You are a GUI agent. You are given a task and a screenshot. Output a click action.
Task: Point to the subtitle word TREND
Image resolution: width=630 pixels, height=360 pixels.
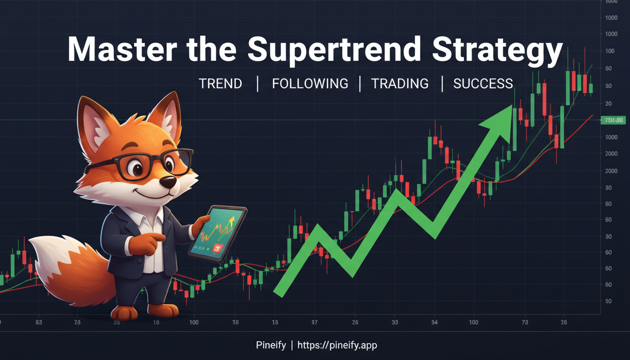tap(220, 84)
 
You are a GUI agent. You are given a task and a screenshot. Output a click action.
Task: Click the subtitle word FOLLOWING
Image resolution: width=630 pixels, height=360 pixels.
tap(310, 84)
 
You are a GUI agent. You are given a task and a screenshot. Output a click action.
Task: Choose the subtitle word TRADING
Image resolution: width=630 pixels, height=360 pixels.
tap(399, 84)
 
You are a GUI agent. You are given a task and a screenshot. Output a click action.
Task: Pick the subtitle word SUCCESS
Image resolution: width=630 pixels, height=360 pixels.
tap(483, 84)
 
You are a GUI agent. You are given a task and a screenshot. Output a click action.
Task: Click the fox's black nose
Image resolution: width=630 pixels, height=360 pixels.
tap(168, 182)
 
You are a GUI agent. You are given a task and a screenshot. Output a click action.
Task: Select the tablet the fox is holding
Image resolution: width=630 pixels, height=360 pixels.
tap(218, 232)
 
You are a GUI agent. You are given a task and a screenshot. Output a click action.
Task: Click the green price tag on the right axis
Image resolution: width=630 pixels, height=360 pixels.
tap(613, 120)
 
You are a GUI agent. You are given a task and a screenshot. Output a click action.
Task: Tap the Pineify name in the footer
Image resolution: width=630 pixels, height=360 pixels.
tap(270, 345)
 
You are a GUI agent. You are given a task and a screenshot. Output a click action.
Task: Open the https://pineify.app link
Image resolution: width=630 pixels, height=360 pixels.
tap(337, 345)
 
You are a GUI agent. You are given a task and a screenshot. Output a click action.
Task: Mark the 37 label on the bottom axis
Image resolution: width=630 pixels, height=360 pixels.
tap(314, 322)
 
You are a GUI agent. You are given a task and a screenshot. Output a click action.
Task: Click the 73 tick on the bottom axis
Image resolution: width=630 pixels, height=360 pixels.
tap(525, 322)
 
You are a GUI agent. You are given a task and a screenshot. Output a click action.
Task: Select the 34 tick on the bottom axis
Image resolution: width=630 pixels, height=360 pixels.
tap(435, 322)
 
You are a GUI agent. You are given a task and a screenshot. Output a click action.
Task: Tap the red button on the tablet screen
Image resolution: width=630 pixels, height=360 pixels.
tap(217, 247)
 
